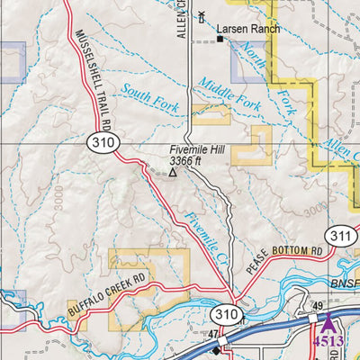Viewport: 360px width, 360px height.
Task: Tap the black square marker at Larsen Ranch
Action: [219, 39]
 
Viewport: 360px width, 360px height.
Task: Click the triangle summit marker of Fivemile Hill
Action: [175, 172]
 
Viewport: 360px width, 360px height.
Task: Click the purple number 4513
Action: [328, 341]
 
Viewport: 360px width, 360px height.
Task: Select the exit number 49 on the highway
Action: [316, 306]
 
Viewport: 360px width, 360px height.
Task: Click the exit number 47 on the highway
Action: [214, 334]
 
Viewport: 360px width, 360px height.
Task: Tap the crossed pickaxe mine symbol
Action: [202, 15]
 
